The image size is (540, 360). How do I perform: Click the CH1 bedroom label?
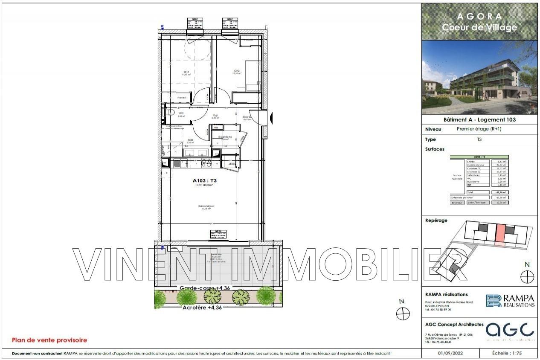[x=186, y=72]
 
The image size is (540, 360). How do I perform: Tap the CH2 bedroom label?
[x=237, y=71]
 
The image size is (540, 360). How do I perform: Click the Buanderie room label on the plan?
[x=225, y=137]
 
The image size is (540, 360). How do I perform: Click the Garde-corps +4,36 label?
[x=205, y=288]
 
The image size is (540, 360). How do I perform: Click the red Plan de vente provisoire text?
[x=49, y=340]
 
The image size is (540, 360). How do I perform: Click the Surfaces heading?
[x=435, y=149]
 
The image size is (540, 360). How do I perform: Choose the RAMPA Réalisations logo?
[x=510, y=301]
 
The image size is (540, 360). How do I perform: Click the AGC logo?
[x=510, y=330]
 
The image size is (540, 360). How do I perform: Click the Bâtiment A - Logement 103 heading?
[x=479, y=119]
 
